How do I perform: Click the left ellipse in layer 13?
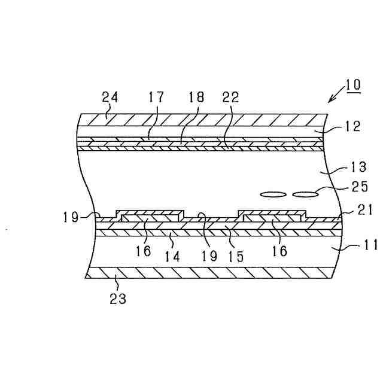pyautogui.click(x=273, y=194)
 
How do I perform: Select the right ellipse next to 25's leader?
pyautogui.click(x=305, y=194)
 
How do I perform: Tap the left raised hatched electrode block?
pyautogui.click(x=150, y=214)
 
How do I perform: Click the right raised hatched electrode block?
pyautogui.click(x=273, y=214)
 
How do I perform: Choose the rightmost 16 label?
pyautogui.click(x=279, y=251)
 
